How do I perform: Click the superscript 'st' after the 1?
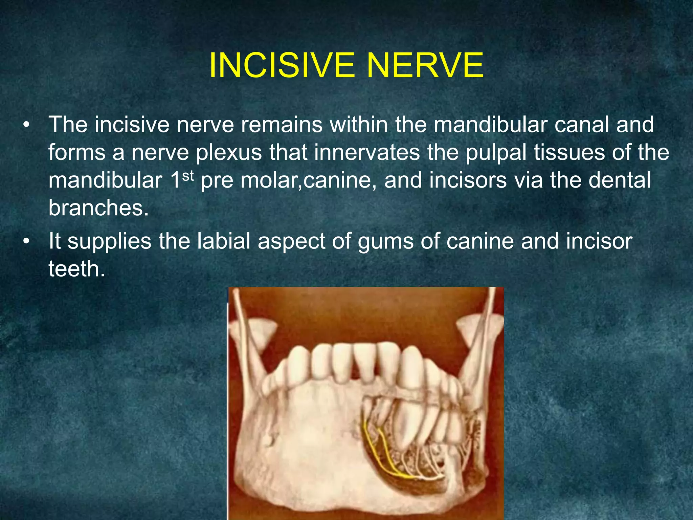(188, 176)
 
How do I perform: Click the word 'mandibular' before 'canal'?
(490, 125)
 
